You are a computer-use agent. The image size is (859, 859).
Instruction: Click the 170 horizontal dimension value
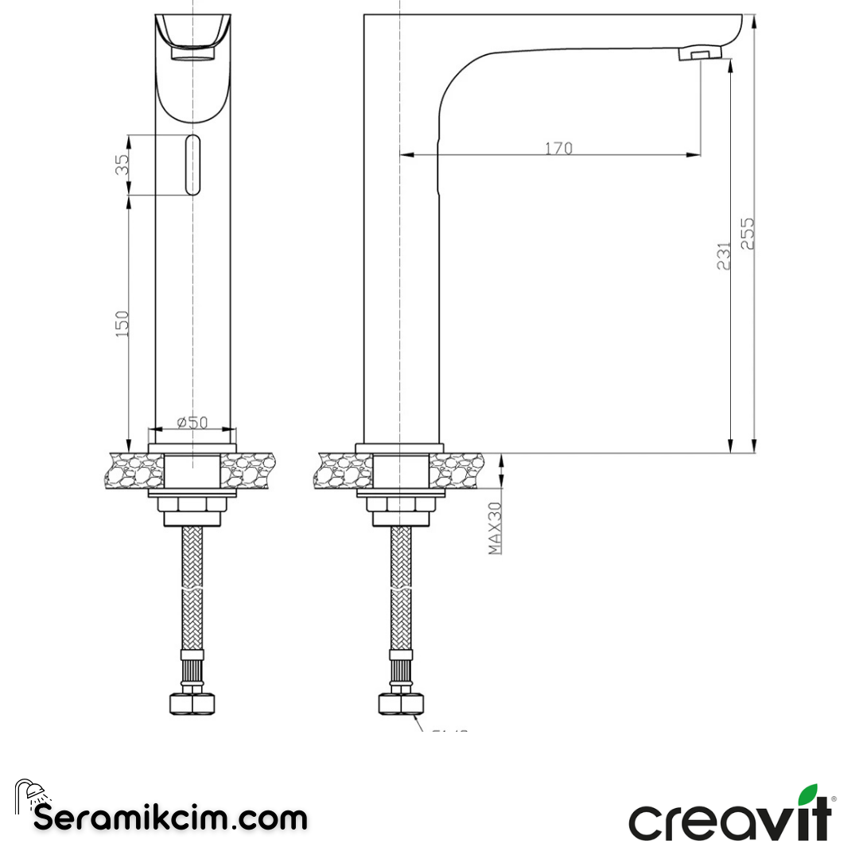tap(558, 148)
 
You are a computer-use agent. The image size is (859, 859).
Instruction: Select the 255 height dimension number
tap(748, 234)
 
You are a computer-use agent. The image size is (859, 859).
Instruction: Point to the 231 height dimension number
tap(724, 255)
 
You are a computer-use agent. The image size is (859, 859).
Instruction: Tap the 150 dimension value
tap(122, 323)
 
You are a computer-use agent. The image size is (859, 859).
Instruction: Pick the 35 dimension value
tap(122, 165)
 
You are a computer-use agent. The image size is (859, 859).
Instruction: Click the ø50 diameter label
tap(192, 422)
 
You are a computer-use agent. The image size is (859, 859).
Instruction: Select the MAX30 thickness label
tap(495, 528)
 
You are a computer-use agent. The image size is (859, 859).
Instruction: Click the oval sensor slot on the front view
tap(192, 165)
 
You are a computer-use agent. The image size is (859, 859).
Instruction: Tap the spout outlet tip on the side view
tap(699, 53)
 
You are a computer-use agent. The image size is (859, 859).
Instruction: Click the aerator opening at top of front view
tap(192, 54)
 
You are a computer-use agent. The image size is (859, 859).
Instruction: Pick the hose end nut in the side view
tap(401, 702)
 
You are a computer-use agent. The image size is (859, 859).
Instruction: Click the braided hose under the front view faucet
tap(191, 589)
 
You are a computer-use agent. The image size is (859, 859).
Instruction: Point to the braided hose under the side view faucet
tap(401, 589)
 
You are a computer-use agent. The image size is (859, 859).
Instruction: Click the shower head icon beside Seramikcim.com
tap(30, 795)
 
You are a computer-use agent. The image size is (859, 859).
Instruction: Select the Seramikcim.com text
tap(170, 818)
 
